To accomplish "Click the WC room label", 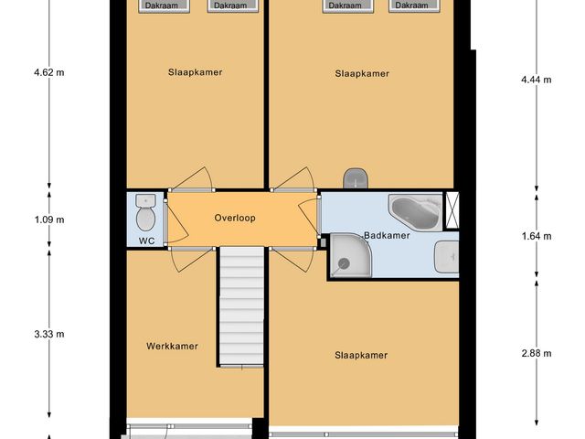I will tap(146, 241).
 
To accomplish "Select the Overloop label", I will tap(235, 219).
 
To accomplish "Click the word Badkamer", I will tap(386, 235).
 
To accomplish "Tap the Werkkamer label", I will tap(172, 346).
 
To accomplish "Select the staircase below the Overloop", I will tap(241, 311).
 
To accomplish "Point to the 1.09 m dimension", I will tap(50, 219).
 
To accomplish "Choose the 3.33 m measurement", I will tap(50, 334).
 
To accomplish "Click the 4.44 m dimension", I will tap(536, 80).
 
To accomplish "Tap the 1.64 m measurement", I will tap(536, 236).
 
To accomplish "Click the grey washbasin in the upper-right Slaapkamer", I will tap(355, 177).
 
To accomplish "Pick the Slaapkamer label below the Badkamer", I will tap(361, 355).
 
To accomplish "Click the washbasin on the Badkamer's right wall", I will tap(447, 257).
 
